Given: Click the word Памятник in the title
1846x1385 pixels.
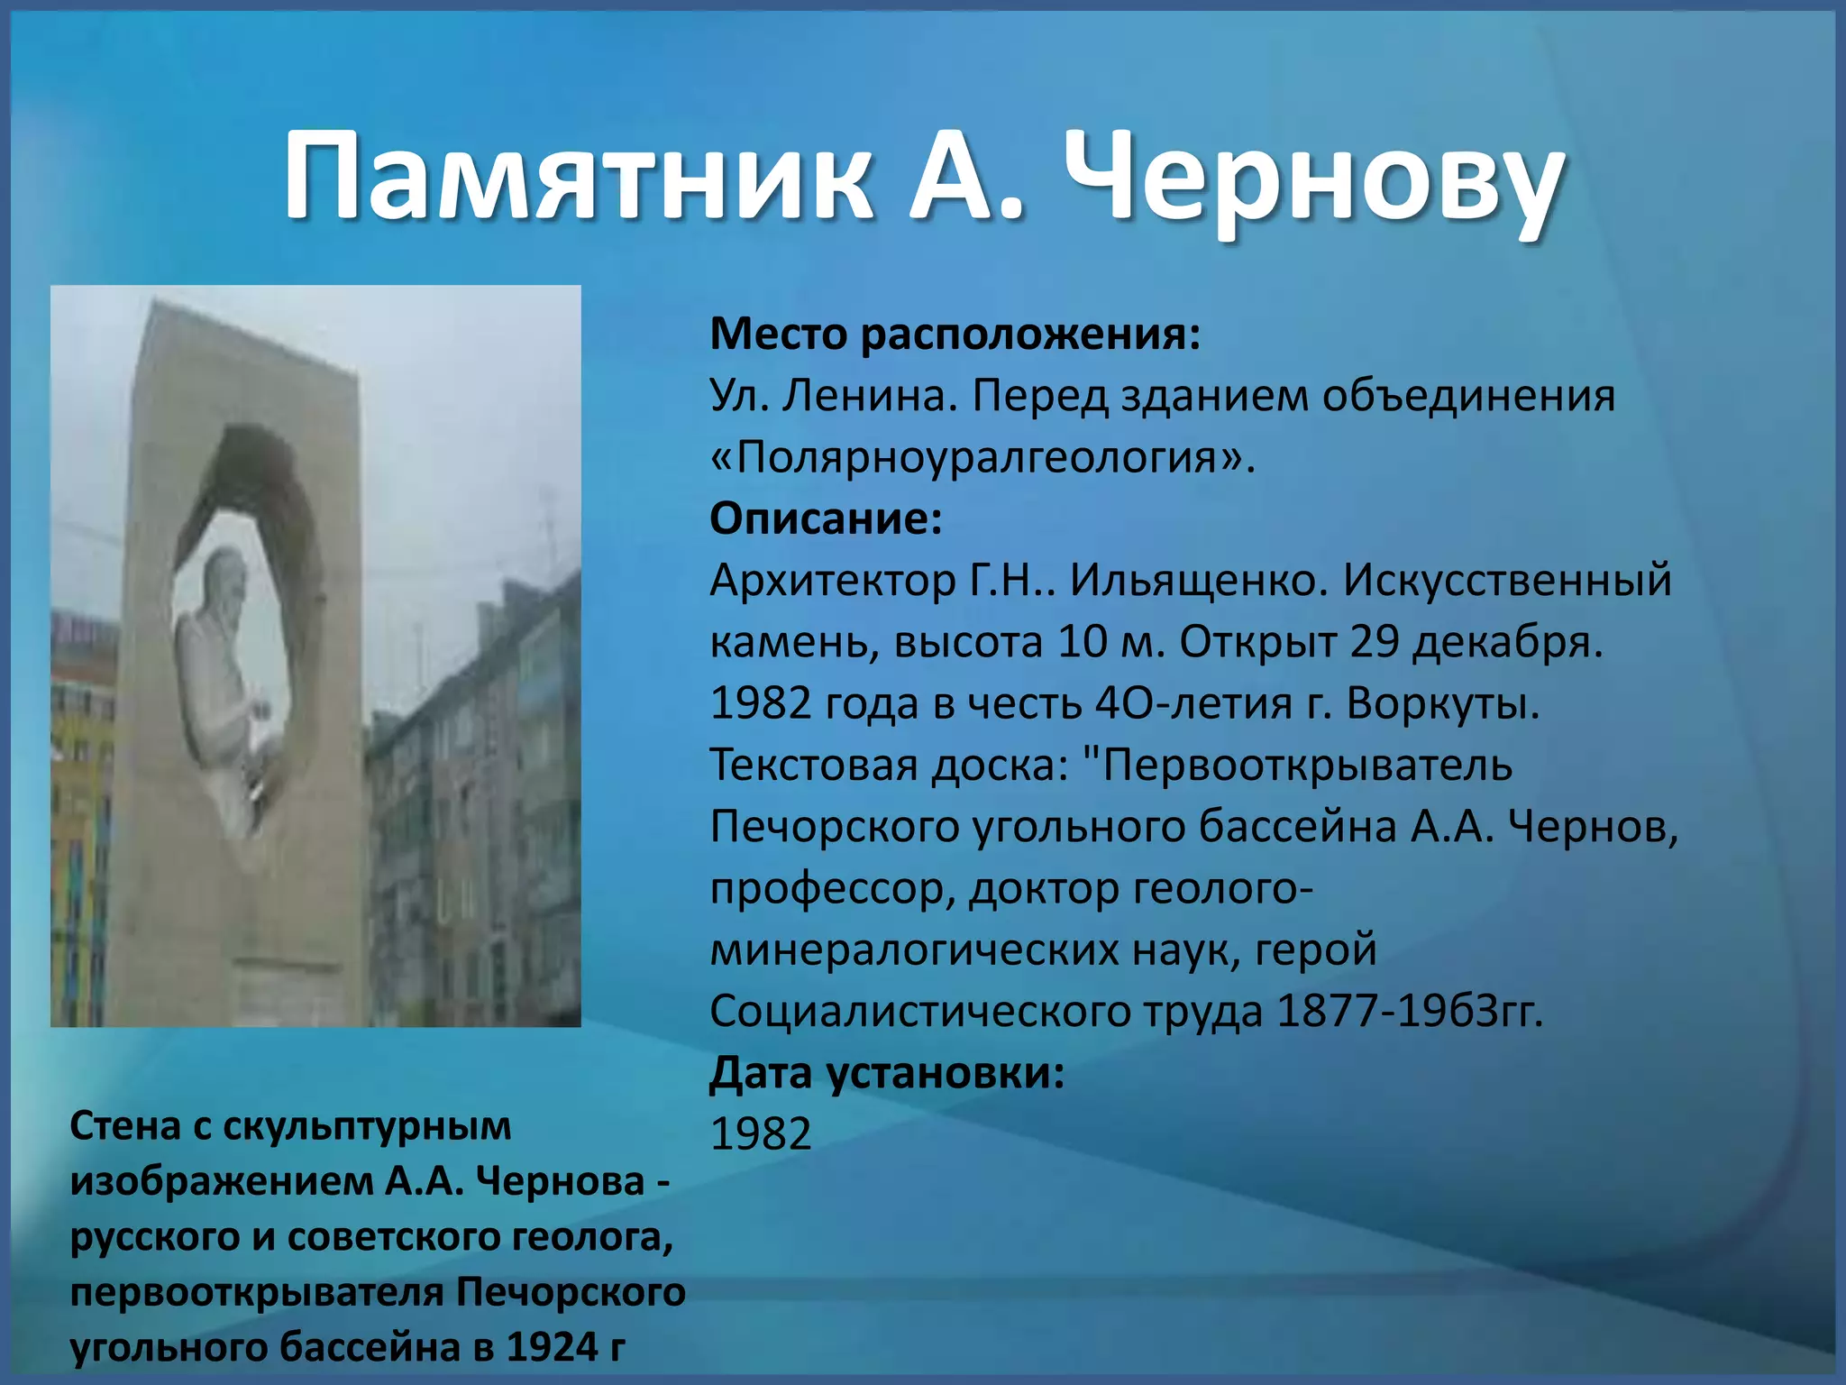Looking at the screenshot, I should [x=577, y=176].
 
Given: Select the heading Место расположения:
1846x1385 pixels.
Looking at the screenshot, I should [x=955, y=335].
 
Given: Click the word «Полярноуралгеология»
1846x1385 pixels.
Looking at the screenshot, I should [x=982, y=458].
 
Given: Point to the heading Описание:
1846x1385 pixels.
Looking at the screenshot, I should [x=826, y=519].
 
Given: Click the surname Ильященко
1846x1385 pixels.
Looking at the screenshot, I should [x=1199, y=581].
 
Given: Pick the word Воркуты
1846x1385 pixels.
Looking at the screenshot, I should [x=1442, y=704].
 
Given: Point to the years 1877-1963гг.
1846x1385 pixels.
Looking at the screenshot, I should [x=1410, y=1012].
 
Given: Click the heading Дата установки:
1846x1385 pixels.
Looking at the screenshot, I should [x=887, y=1074].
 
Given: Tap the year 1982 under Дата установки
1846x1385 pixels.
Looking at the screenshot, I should [x=761, y=1134].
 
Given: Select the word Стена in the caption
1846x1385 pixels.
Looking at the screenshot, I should [x=123, y=1127].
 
